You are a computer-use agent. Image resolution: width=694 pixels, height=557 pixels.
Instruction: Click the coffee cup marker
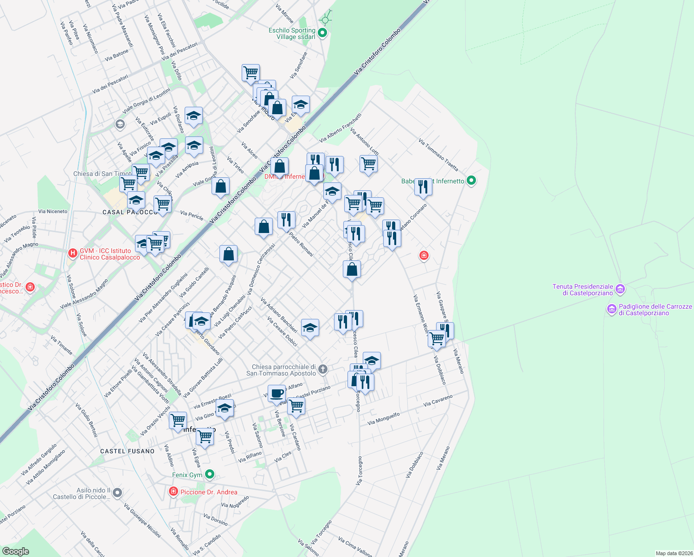click(x=277, y=394)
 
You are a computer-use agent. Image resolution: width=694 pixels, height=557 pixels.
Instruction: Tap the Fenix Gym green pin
click(x=210, y=474)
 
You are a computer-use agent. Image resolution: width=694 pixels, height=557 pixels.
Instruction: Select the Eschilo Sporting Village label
click(x=292, y=33)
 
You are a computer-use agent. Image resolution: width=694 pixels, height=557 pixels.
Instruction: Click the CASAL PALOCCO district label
click(x=130, y=212)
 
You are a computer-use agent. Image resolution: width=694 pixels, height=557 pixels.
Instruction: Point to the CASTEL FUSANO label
click(x=128, y=451)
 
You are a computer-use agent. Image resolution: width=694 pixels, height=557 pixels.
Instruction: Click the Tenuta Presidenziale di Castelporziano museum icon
click(x=621, y=290)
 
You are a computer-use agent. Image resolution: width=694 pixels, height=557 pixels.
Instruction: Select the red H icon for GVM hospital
click(x=72, y=253)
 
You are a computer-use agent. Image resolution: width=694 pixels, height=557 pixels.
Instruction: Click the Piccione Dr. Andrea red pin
click(x=173, y=491)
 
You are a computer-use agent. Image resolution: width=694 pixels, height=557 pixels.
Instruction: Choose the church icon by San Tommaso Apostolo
click(x=323, y=369)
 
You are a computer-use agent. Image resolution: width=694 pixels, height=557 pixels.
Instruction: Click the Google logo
click(x=15, y=551)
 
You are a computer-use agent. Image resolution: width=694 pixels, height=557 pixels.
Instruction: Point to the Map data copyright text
click(x=674, y=553)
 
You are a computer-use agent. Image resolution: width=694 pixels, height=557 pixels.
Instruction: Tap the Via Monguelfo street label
click(x=383, y=419)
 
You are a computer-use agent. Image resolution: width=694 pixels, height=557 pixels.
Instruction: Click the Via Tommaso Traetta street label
click(x=438, y=155)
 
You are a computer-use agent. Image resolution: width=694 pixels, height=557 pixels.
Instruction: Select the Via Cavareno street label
click(x=437, y=401)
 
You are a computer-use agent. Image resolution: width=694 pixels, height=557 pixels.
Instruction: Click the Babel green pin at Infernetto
click(x=471, y=181)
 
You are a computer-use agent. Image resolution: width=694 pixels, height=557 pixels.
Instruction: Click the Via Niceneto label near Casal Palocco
click(x=53, y=211)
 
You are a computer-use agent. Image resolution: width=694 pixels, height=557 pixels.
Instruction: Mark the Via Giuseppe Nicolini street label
click(x=142, y=520)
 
